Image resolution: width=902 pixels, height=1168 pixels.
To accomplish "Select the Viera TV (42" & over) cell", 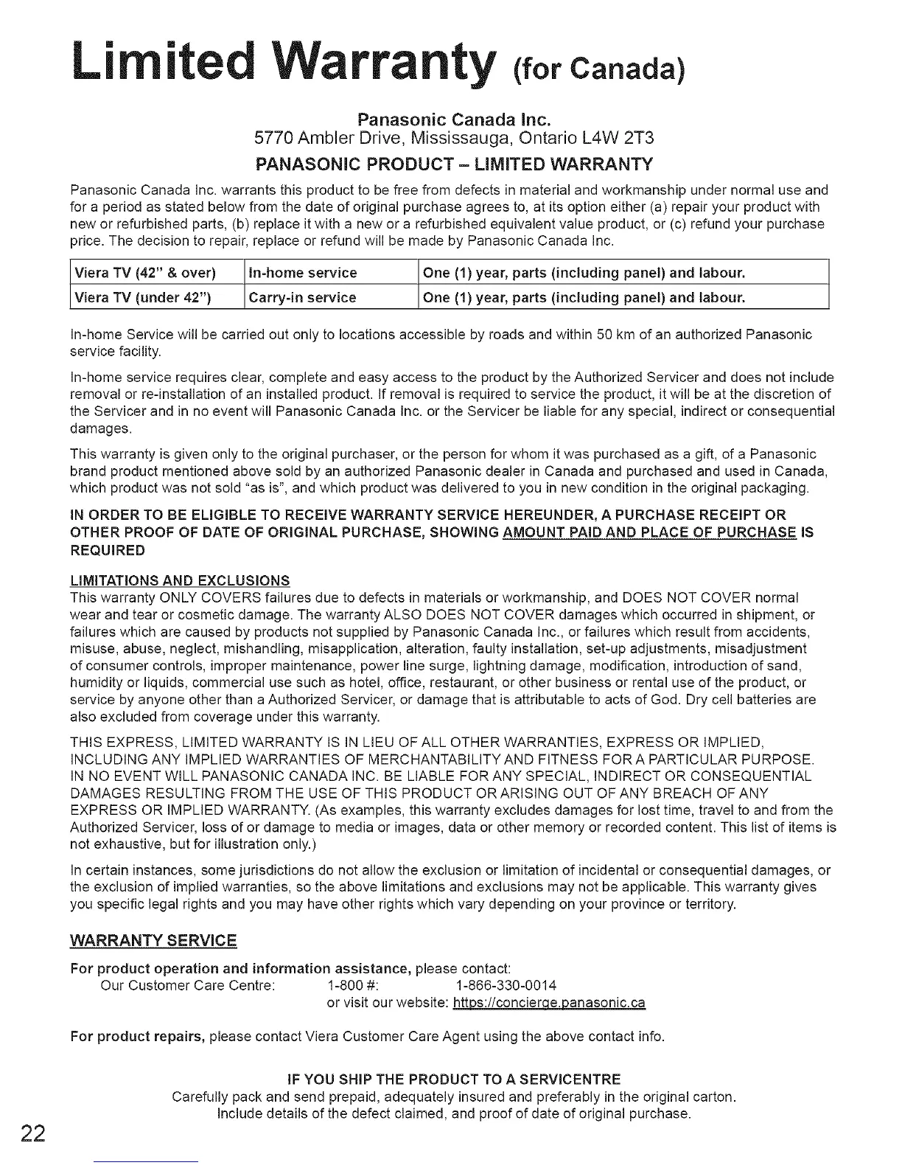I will click(x=145, y=273).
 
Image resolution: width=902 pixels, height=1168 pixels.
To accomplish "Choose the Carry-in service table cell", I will click(x=303, y=297).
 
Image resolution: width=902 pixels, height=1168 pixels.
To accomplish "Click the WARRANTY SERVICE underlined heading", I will click(x=153, y=941).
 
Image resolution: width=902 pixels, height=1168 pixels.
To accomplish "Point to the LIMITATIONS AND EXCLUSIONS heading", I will click(x=180, y=580).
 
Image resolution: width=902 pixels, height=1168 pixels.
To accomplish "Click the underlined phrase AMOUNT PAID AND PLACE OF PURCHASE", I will click(x=649, y=532).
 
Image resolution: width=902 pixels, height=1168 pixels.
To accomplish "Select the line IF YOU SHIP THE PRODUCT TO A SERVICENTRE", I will click(x=453, y=1079).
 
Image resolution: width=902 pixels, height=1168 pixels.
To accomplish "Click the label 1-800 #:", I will click(x=352, y=985).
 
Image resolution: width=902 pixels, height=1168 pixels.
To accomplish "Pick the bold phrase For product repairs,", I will click(x=137, y=1037).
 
